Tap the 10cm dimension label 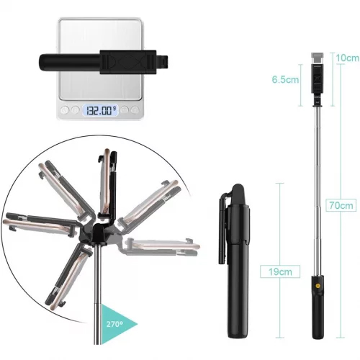[x=347, y=58]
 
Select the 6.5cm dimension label [x=285, y=79]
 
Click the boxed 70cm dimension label [x=341, y=205]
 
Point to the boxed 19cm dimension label [x=280, y=271]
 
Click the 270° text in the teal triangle [x=114, y=324]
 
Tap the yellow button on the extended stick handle [x=318, y=286]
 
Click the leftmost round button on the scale [x=64, y=110]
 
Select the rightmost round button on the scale [x=135, y=110]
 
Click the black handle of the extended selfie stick [x=318, y=307]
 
